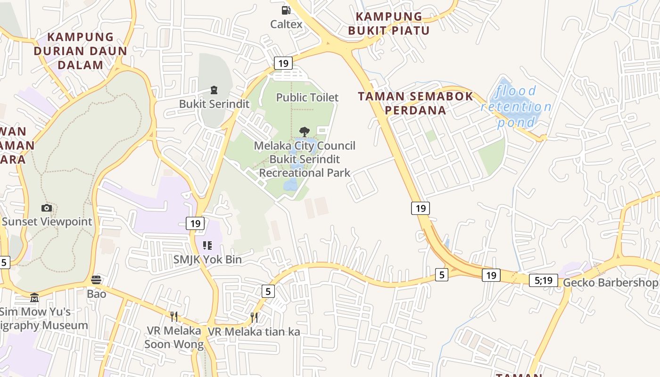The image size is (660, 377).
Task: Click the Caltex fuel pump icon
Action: (x=286, y=10)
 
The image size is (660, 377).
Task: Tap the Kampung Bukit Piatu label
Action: (x=389, y=24)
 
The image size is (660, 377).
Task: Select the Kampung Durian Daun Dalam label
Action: (x=81, y=51)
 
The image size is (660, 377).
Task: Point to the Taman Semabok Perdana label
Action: (x=415, y=103)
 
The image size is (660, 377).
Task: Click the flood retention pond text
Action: (x=516, y=107)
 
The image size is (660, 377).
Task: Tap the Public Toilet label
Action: (x=307, y=98)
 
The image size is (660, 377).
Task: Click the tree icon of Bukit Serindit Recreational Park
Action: (x=305, y=131)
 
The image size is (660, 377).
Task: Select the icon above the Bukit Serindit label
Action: (x=214, y=90)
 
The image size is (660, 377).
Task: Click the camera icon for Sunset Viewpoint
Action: (x=46, y=208)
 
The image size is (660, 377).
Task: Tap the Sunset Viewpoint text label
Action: (x=47, y=221)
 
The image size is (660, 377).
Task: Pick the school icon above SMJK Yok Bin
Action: (x=207, y=246)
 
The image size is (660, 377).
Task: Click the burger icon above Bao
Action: (x=96, y=280)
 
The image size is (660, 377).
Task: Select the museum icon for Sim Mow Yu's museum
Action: (x=34, y=298)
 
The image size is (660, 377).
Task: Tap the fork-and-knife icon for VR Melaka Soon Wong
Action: (x=174, y=316)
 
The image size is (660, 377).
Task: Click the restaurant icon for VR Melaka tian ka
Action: (x=254, y=317)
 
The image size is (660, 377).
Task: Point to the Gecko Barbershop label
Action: (x=610, y=282)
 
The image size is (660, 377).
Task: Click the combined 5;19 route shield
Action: (x=543, y=280)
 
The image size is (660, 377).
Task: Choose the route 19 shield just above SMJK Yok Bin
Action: (x=195, y=223)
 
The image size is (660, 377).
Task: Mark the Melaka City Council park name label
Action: (x=305, y=159)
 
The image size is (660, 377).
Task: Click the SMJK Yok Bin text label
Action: (x=207, y=260)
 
